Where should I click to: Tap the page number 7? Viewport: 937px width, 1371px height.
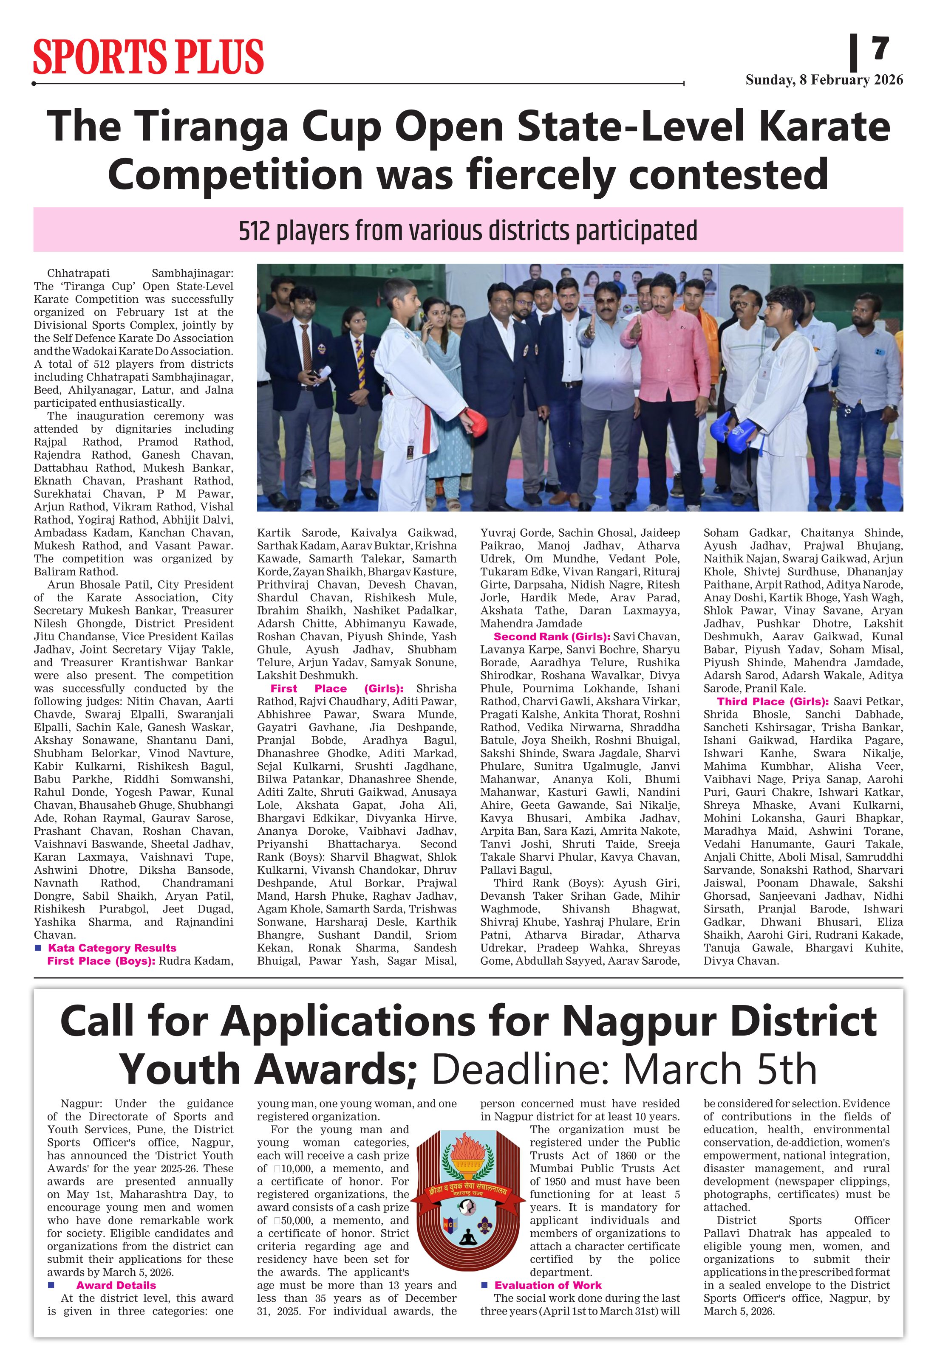point(880,48)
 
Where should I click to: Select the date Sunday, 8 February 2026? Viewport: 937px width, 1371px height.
point(824,80)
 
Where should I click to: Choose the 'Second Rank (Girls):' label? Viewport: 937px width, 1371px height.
point(552,636)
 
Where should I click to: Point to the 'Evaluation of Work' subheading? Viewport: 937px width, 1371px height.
point(548,1286)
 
